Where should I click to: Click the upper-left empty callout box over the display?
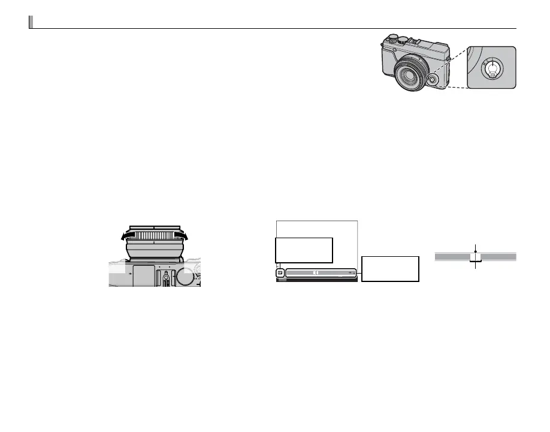point(304,250)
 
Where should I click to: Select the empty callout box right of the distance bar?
point(390,268)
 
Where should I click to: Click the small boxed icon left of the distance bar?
point(280,273)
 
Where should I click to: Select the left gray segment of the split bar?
point(452,256)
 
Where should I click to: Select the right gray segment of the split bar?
point(498,256)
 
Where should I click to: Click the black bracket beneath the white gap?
point(476,261)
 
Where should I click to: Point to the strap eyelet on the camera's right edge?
point(449,59)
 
